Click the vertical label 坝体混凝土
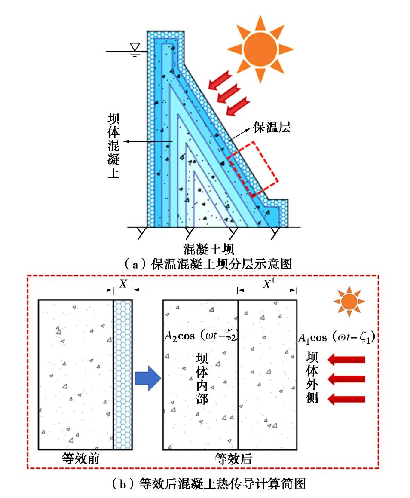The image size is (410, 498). [x=113, y=146]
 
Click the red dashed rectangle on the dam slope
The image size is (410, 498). [x=253, y=168]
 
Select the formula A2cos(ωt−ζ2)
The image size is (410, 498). [x=201, y=336]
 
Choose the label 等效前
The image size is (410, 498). [x=80, y=459]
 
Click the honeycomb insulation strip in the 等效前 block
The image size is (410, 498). [x=122, y=374]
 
